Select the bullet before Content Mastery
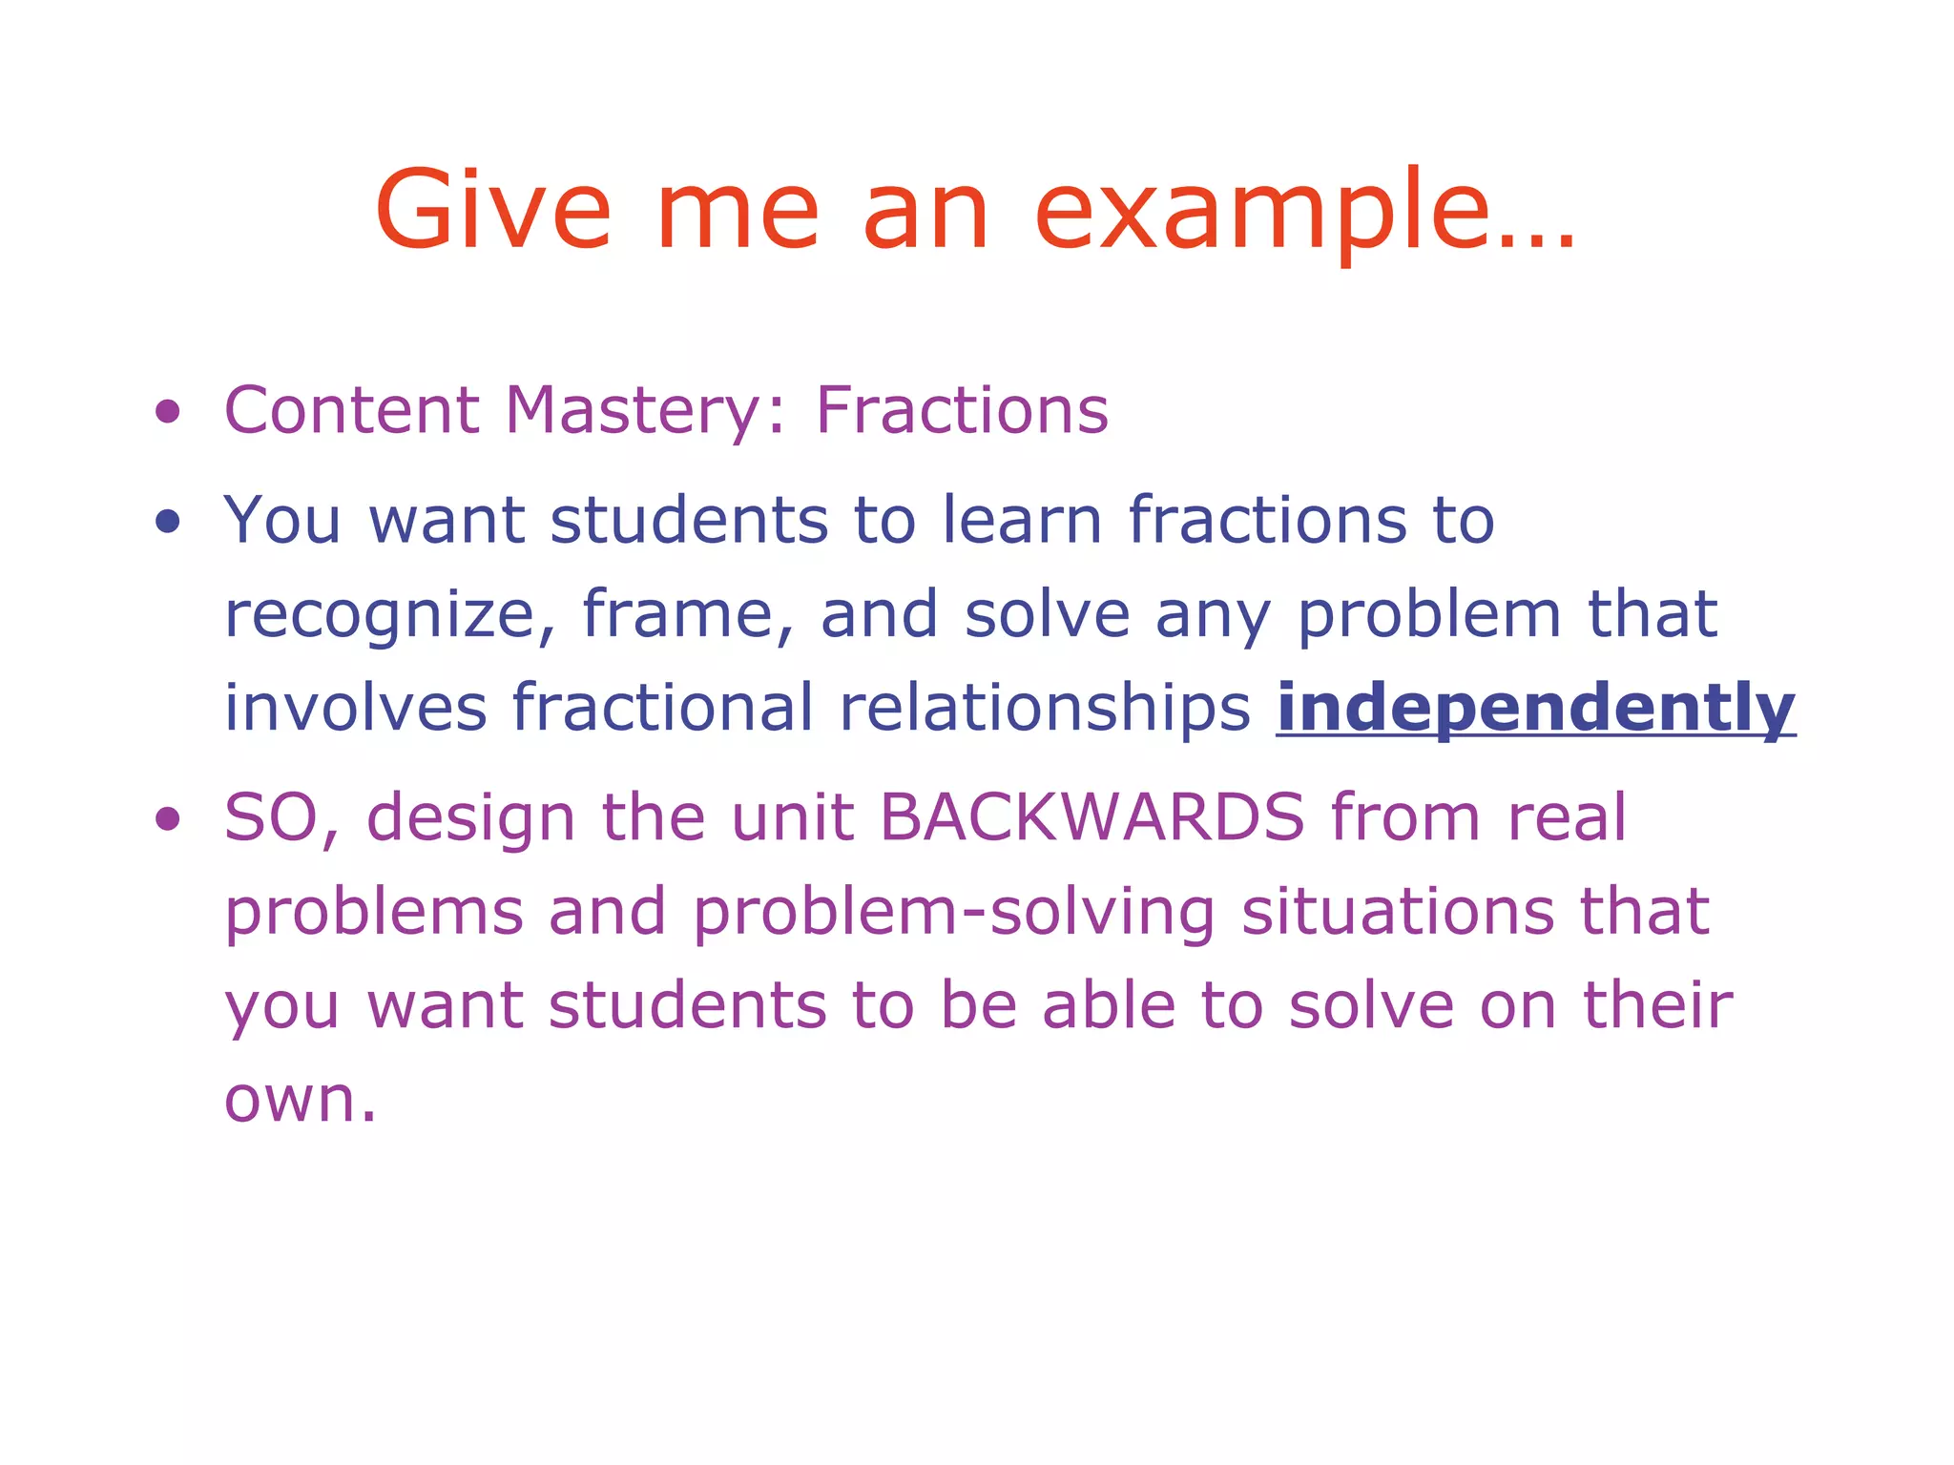168,412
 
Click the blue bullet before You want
168,521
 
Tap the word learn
1022,520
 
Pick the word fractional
663,708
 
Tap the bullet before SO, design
168,818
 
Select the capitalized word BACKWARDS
1091,817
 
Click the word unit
792,817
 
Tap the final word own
299,1100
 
